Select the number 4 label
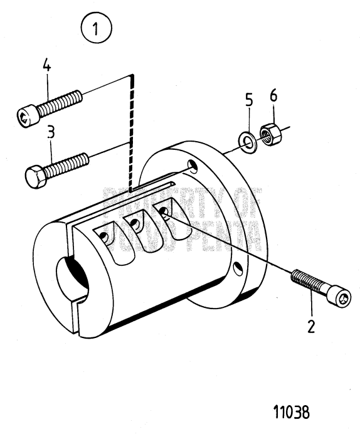[46, 65]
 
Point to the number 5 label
[248, 100]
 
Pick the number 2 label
[312, 326]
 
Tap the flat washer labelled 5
[250, 139]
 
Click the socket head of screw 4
[27, 116]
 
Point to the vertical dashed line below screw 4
[130, 132]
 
